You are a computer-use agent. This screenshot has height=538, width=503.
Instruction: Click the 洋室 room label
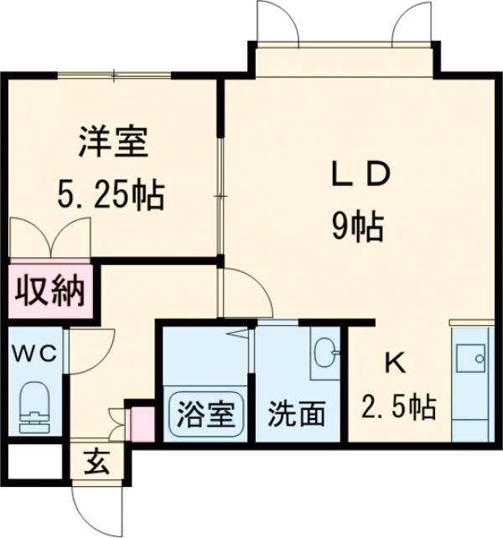pos(113,142)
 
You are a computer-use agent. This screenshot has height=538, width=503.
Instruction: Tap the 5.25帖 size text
pos(111,196)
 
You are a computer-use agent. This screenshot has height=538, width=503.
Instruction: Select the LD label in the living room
pos(360,174)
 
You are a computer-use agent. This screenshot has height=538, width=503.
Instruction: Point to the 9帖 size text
pos(357,227)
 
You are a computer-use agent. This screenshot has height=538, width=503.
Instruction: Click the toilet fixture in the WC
pos(35,407)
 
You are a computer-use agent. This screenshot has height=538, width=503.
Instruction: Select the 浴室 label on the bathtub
pos(205,414)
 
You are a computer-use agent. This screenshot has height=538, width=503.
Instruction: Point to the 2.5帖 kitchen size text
pos(398,407)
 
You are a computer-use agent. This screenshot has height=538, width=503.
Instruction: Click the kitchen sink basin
pos(470,358)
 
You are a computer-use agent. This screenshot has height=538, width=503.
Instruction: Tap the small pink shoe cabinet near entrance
pos(143,424)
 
